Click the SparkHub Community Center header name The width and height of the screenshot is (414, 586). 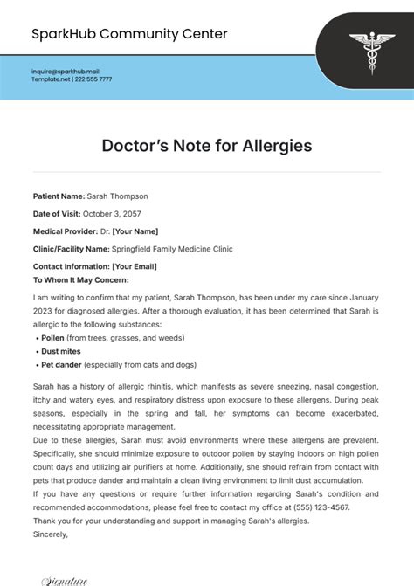point(129,34)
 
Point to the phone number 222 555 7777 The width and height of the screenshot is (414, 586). point(93,79)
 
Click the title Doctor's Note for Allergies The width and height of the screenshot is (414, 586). point(207,146)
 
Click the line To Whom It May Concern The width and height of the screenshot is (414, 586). point(80,279)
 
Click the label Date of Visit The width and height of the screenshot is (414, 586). point(57,214)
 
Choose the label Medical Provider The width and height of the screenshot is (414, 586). point(65,231)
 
